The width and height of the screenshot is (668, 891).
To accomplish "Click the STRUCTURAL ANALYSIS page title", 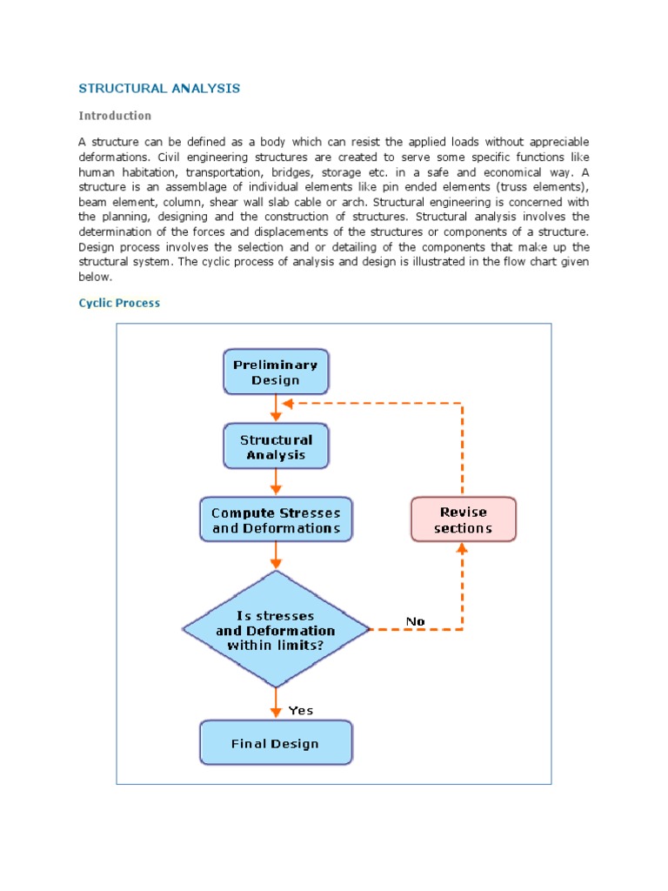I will click(159, 89).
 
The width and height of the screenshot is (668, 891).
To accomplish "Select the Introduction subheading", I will click(115, 116).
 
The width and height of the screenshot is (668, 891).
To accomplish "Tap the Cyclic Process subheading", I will click(119, 303).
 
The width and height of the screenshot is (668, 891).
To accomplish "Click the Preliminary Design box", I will click(276, 372).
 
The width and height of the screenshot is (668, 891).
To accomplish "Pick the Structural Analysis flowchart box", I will click(276, 447).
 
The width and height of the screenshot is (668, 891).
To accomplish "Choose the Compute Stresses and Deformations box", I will click(276, 520).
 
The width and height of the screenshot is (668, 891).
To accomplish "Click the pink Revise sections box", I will click(463, 520).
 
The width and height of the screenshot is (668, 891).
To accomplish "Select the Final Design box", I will click(276, 744).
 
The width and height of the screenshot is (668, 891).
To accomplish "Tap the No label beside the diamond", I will click(416, 621).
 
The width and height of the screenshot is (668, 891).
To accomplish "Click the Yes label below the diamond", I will click(301, 711).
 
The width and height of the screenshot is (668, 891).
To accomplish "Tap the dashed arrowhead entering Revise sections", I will click(463, 548).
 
